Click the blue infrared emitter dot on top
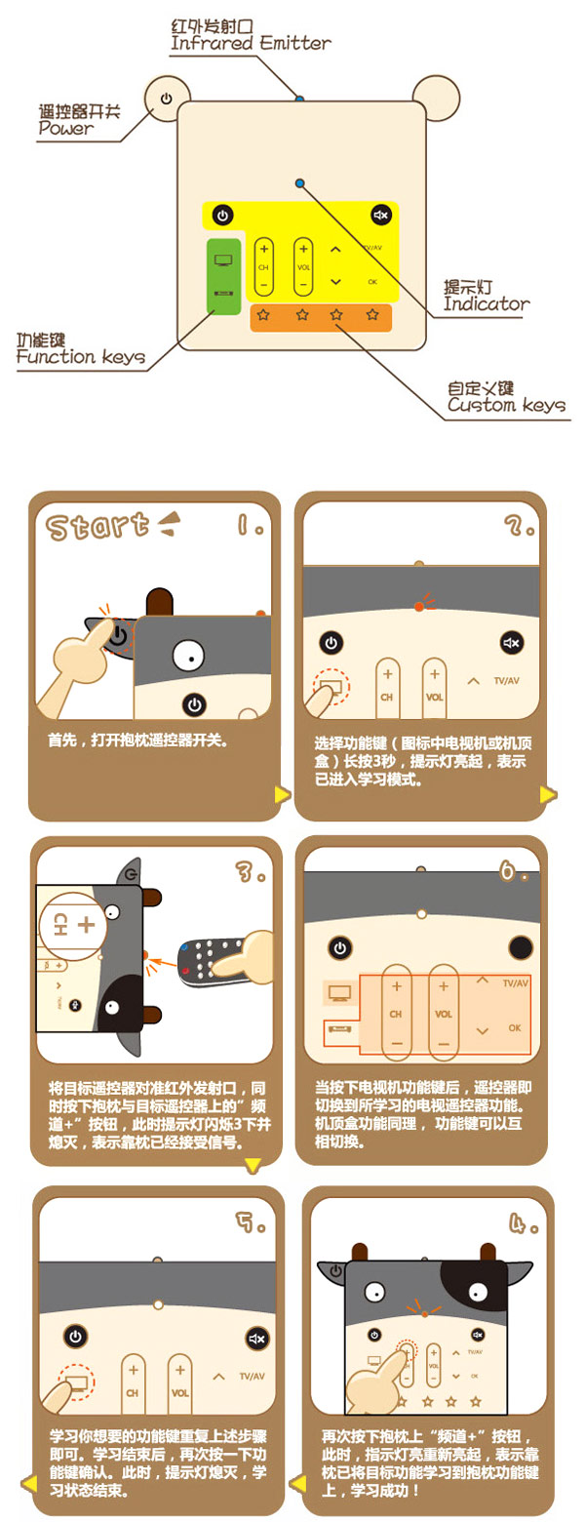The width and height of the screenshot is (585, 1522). pyautogui.click(x=299, y=100)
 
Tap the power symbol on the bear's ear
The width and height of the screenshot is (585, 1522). pyautogui.click(x=167, y=99)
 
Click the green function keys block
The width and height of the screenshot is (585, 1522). pyautogui.click(x=223, y=276)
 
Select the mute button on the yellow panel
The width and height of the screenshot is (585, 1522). pyautogui.click(x=380, y=216)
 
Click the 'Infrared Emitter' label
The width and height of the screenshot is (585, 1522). pyautogui.click(x=251, y=44)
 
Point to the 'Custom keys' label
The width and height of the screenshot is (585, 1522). pyautogui.click(x=506, y=406)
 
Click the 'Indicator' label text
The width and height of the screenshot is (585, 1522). pyautogui.click(x=487, y=303)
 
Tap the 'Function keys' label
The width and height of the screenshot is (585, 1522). pyautogui.click(x=80, y=357)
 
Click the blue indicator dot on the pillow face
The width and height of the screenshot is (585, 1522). pyautogui.click(x=300, y=182)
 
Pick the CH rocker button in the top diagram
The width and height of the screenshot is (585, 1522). pyautogui.click(x=263, y=267)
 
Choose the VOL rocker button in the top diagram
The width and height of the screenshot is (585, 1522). pyautogui.click(x=303, y=267)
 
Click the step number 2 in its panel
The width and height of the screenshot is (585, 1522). pyautogui.click(x=519, y=525)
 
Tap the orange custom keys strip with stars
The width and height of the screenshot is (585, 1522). pyautogui.click(x=321, y=317)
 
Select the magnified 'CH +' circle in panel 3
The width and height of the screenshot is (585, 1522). pyautogui.click(x=74, y=925)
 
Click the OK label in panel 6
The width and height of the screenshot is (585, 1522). pyautogui.click(x=515, y=1028)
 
